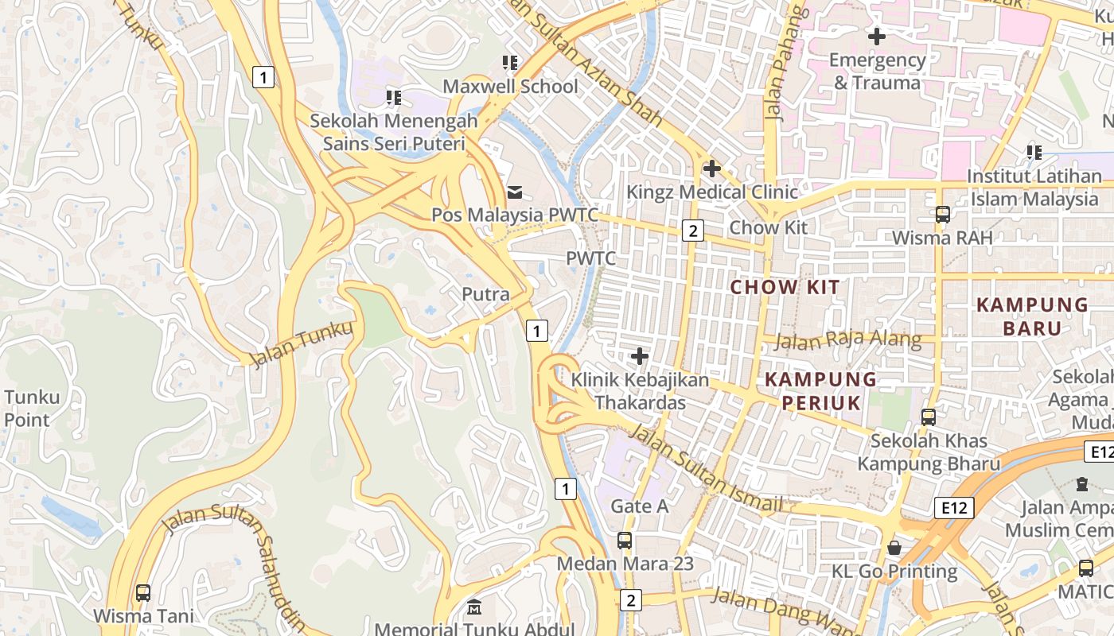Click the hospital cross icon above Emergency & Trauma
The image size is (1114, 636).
[876, 36]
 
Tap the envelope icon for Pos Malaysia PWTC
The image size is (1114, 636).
[515, 192]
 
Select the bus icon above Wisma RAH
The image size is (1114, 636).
[943, 214]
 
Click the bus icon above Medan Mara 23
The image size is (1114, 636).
[625, 541]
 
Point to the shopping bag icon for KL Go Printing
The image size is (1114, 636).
[894, 548]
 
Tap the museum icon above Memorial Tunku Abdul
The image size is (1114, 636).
[474, 607]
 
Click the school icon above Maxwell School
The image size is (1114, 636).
[509, 63]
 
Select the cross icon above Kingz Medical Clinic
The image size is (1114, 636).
[711, 169]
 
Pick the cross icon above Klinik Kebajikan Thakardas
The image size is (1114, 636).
[639, 356]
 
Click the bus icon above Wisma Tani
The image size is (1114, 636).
[143, 592]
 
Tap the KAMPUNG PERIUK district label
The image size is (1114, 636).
[820, 390]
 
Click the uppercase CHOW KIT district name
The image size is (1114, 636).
[785, 287]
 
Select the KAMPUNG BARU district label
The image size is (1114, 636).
[1032, 316]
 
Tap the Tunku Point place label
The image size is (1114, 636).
[32, 409]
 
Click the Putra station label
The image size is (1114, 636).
[485, 294]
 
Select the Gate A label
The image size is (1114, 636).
[639, 506]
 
